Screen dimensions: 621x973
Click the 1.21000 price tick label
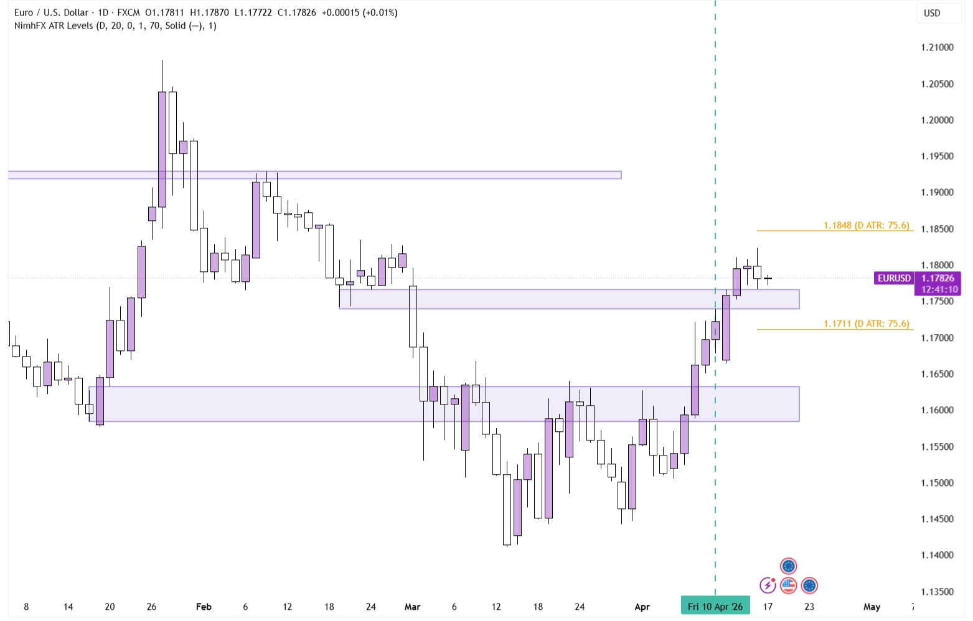click(937, 47)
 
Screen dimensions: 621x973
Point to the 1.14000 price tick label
click(937, 555)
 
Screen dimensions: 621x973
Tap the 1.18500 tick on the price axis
click(937, 229)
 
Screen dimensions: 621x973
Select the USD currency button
click(932, 13)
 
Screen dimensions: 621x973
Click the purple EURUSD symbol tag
click(894, 278)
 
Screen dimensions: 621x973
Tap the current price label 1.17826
click(938, 278)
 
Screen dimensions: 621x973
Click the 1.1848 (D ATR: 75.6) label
click(866, 225)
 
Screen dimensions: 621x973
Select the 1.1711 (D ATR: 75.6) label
click(866, 324)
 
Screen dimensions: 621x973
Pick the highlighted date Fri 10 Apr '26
click(715, 606)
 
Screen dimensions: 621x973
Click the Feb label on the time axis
click(204, 607)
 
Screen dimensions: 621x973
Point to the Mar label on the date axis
click(412, 607)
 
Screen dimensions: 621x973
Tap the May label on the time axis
click(872, 607)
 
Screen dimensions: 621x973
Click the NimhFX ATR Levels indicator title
click(115, 26)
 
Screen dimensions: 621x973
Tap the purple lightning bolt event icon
click(768, 585)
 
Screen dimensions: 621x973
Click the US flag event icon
click(789, 585)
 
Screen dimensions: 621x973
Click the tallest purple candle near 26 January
click(162, 149)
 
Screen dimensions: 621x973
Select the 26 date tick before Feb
click(151, 607)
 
